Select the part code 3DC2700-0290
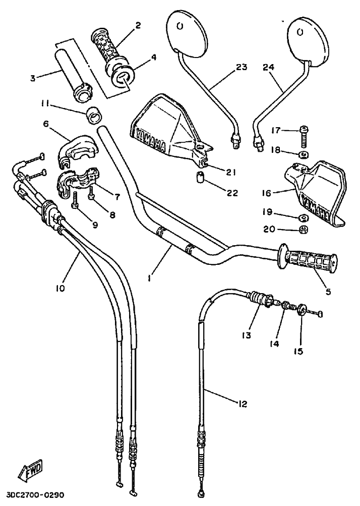point(35,495)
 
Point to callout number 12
point(243,403)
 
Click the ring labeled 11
point(92,116)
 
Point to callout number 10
point(60,289)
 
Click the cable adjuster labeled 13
point(262,300)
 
